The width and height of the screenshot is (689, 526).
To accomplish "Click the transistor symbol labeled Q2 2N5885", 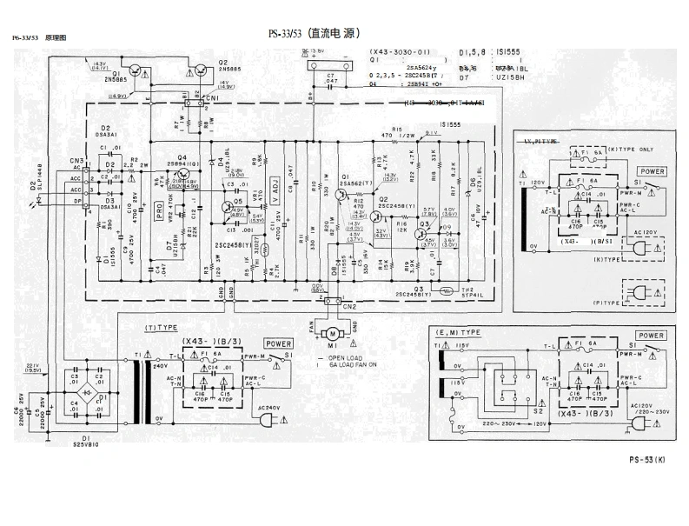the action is coord(200,73).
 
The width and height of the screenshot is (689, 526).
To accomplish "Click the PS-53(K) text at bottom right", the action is coord(648,460).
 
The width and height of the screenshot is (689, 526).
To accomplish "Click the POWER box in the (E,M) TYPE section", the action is coord(651,336).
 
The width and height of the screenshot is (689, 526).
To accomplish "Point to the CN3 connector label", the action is coord(77,161).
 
